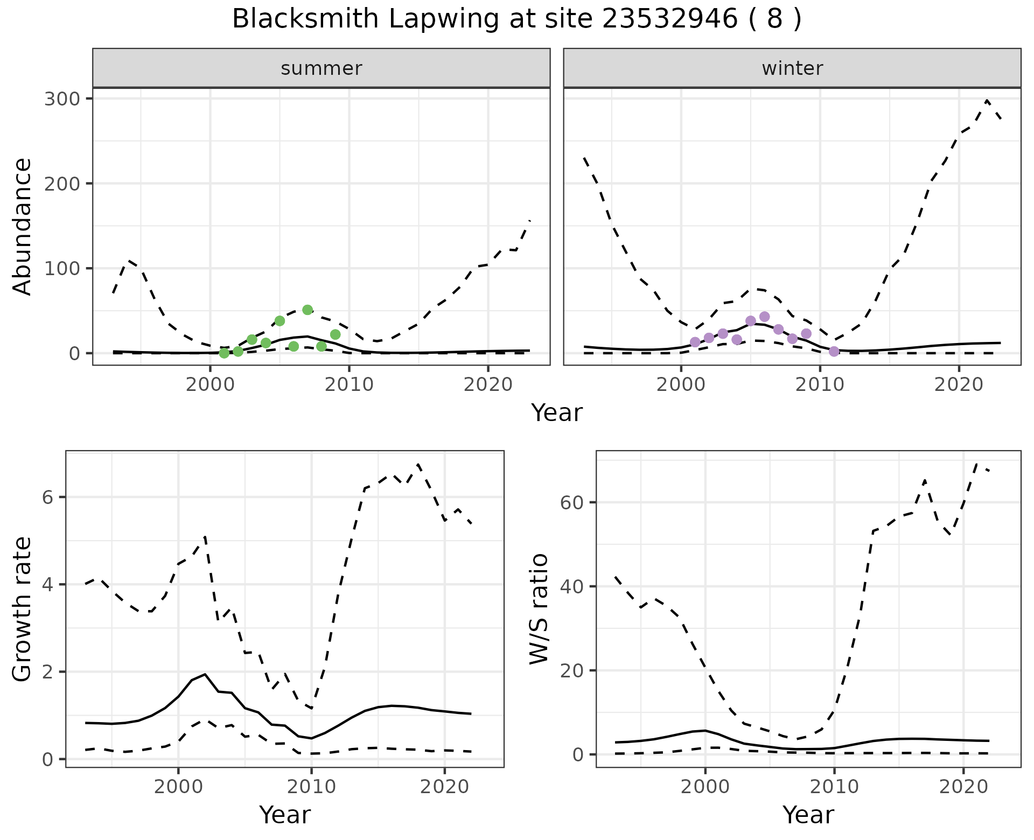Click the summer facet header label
point(322,68)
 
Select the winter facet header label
point(792,68)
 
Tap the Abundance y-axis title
point(23,226)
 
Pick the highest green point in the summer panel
point(308,310)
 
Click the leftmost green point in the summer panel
point(224,353)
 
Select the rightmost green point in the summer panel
point(335,334)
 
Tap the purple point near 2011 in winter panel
point(834,352)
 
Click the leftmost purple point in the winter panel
point(695,342)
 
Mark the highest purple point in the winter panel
point(764,317)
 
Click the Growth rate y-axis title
point(23,610)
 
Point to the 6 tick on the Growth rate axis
point(48,497)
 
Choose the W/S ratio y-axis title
point(539,610)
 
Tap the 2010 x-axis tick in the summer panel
point(349,385)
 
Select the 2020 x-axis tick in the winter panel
point(959,385)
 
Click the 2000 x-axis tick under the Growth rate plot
point(178,787)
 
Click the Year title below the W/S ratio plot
point(808,815)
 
